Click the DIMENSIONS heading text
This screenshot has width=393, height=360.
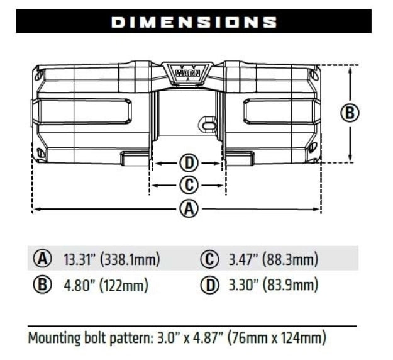pos(194,21)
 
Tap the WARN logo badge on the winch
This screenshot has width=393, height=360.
pos(187,70)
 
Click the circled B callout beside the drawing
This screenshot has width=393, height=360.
pos(350,113)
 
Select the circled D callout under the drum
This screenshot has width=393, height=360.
pos(189,163)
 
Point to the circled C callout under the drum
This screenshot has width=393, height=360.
pos(189,185)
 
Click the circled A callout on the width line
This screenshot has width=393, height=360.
pos(189,208)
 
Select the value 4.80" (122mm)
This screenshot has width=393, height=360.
pos(106,285)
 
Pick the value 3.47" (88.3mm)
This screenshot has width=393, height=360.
pos(272,259)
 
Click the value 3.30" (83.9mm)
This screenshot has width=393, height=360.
pos(272,285)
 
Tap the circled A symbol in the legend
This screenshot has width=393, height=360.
pos(42,259)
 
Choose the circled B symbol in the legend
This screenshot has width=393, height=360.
pos(42,285)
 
